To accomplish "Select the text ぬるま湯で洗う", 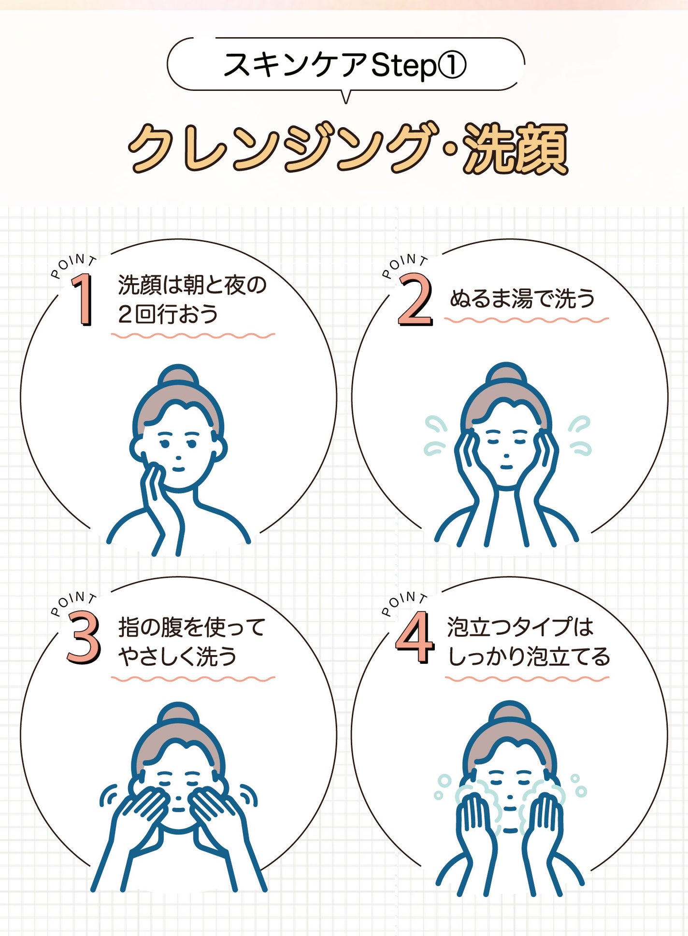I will pyautogui.click(x=522, y=298).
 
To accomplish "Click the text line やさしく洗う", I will pyautogui.click(x=178, y=656).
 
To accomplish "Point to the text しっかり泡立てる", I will pyautogui.click(x=529, y=656).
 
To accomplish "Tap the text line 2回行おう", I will pyautogui.click(x=168, y=314).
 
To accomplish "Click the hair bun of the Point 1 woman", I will pyautogui.click(x=178, y=375).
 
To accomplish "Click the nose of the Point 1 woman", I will pyautogui.click(x=178, y=457).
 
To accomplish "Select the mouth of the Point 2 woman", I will pyautogui.click(x=506, y=467).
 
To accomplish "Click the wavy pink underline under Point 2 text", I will pyautogui.click(x=526, y=320).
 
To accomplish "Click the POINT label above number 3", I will pyautogui.click(x=73, y=601).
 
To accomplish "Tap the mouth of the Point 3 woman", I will pyautogui.click(x=178, y=809).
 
